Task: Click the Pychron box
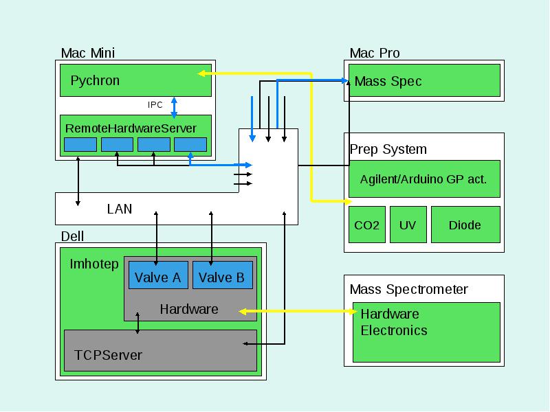point(135,80)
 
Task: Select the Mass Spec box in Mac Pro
point(424,80)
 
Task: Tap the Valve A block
point(158,275)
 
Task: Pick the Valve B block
point(223,275)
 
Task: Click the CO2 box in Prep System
point(367,225)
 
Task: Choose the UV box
point(408,225)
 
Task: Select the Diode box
point(466,225)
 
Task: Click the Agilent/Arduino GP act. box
point(424,179)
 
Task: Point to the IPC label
point(155,105)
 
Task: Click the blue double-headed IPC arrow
point(174,107)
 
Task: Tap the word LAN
point(120,209)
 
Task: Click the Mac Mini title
point(88,53)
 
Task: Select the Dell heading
point(72,236)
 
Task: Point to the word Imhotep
point(94,264)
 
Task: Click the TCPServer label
point(108,355)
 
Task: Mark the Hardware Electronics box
point(426,332)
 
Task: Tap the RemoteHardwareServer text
point(131,128)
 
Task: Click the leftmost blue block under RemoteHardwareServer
point(80,144)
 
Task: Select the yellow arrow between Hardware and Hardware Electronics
point(298,311)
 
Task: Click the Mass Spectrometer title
point(408,289)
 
